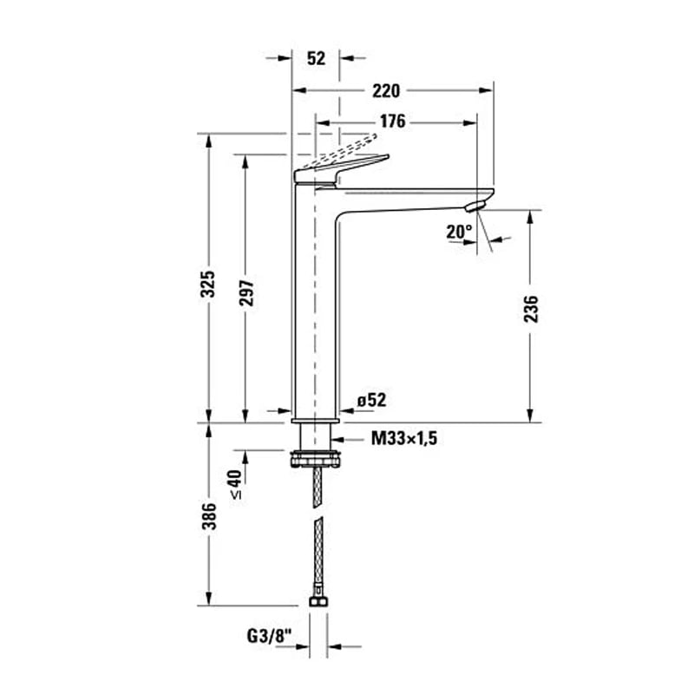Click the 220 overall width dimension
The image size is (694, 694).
click(386, 90)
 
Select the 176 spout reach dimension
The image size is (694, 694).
click(393, 121)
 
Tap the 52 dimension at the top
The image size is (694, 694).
click(316, 58)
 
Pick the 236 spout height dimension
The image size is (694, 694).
click(531, 310)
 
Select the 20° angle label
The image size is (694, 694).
click(460, 232)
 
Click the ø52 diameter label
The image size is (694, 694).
click(371, 400)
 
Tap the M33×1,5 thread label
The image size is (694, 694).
click(403, 439)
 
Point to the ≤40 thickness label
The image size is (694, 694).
click(235, 483)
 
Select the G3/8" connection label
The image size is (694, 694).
click(269, 636)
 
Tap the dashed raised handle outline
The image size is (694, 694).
click(347, 147)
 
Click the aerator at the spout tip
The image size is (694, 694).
click(475, 206)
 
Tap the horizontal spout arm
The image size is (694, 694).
click(408, 197)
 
